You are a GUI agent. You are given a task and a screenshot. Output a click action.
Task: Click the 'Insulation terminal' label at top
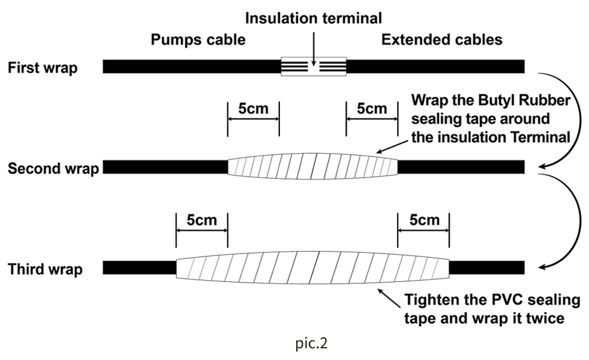point(313,18)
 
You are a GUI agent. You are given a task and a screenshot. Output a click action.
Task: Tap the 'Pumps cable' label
point(198,40)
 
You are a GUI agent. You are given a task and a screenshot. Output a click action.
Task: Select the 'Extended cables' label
point(442,40)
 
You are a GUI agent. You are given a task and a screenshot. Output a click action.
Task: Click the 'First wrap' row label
point(43,68)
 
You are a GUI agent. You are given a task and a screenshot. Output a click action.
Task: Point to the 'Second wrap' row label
point(53,168)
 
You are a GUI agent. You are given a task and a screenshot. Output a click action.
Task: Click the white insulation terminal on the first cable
point(314,66)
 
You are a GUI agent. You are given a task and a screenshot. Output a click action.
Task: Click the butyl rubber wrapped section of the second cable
point(313,166)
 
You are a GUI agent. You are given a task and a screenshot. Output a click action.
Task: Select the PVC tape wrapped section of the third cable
point(313,268)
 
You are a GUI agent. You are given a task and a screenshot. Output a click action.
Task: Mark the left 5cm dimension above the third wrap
point(202,220)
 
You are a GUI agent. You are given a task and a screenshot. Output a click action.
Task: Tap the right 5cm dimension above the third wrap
point(423,220)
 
